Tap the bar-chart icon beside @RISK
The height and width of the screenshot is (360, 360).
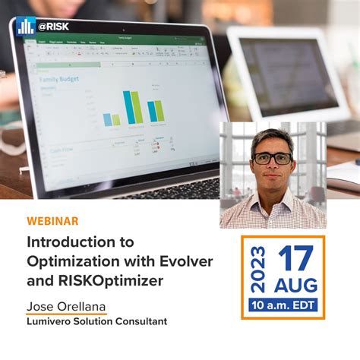coord(26,25)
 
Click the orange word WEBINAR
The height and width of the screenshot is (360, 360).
coord(52,221)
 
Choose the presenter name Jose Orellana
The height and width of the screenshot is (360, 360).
coord(66,307)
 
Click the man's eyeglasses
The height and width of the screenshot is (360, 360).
coord(272,158)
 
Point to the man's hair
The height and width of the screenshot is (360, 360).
coord(273,137)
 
